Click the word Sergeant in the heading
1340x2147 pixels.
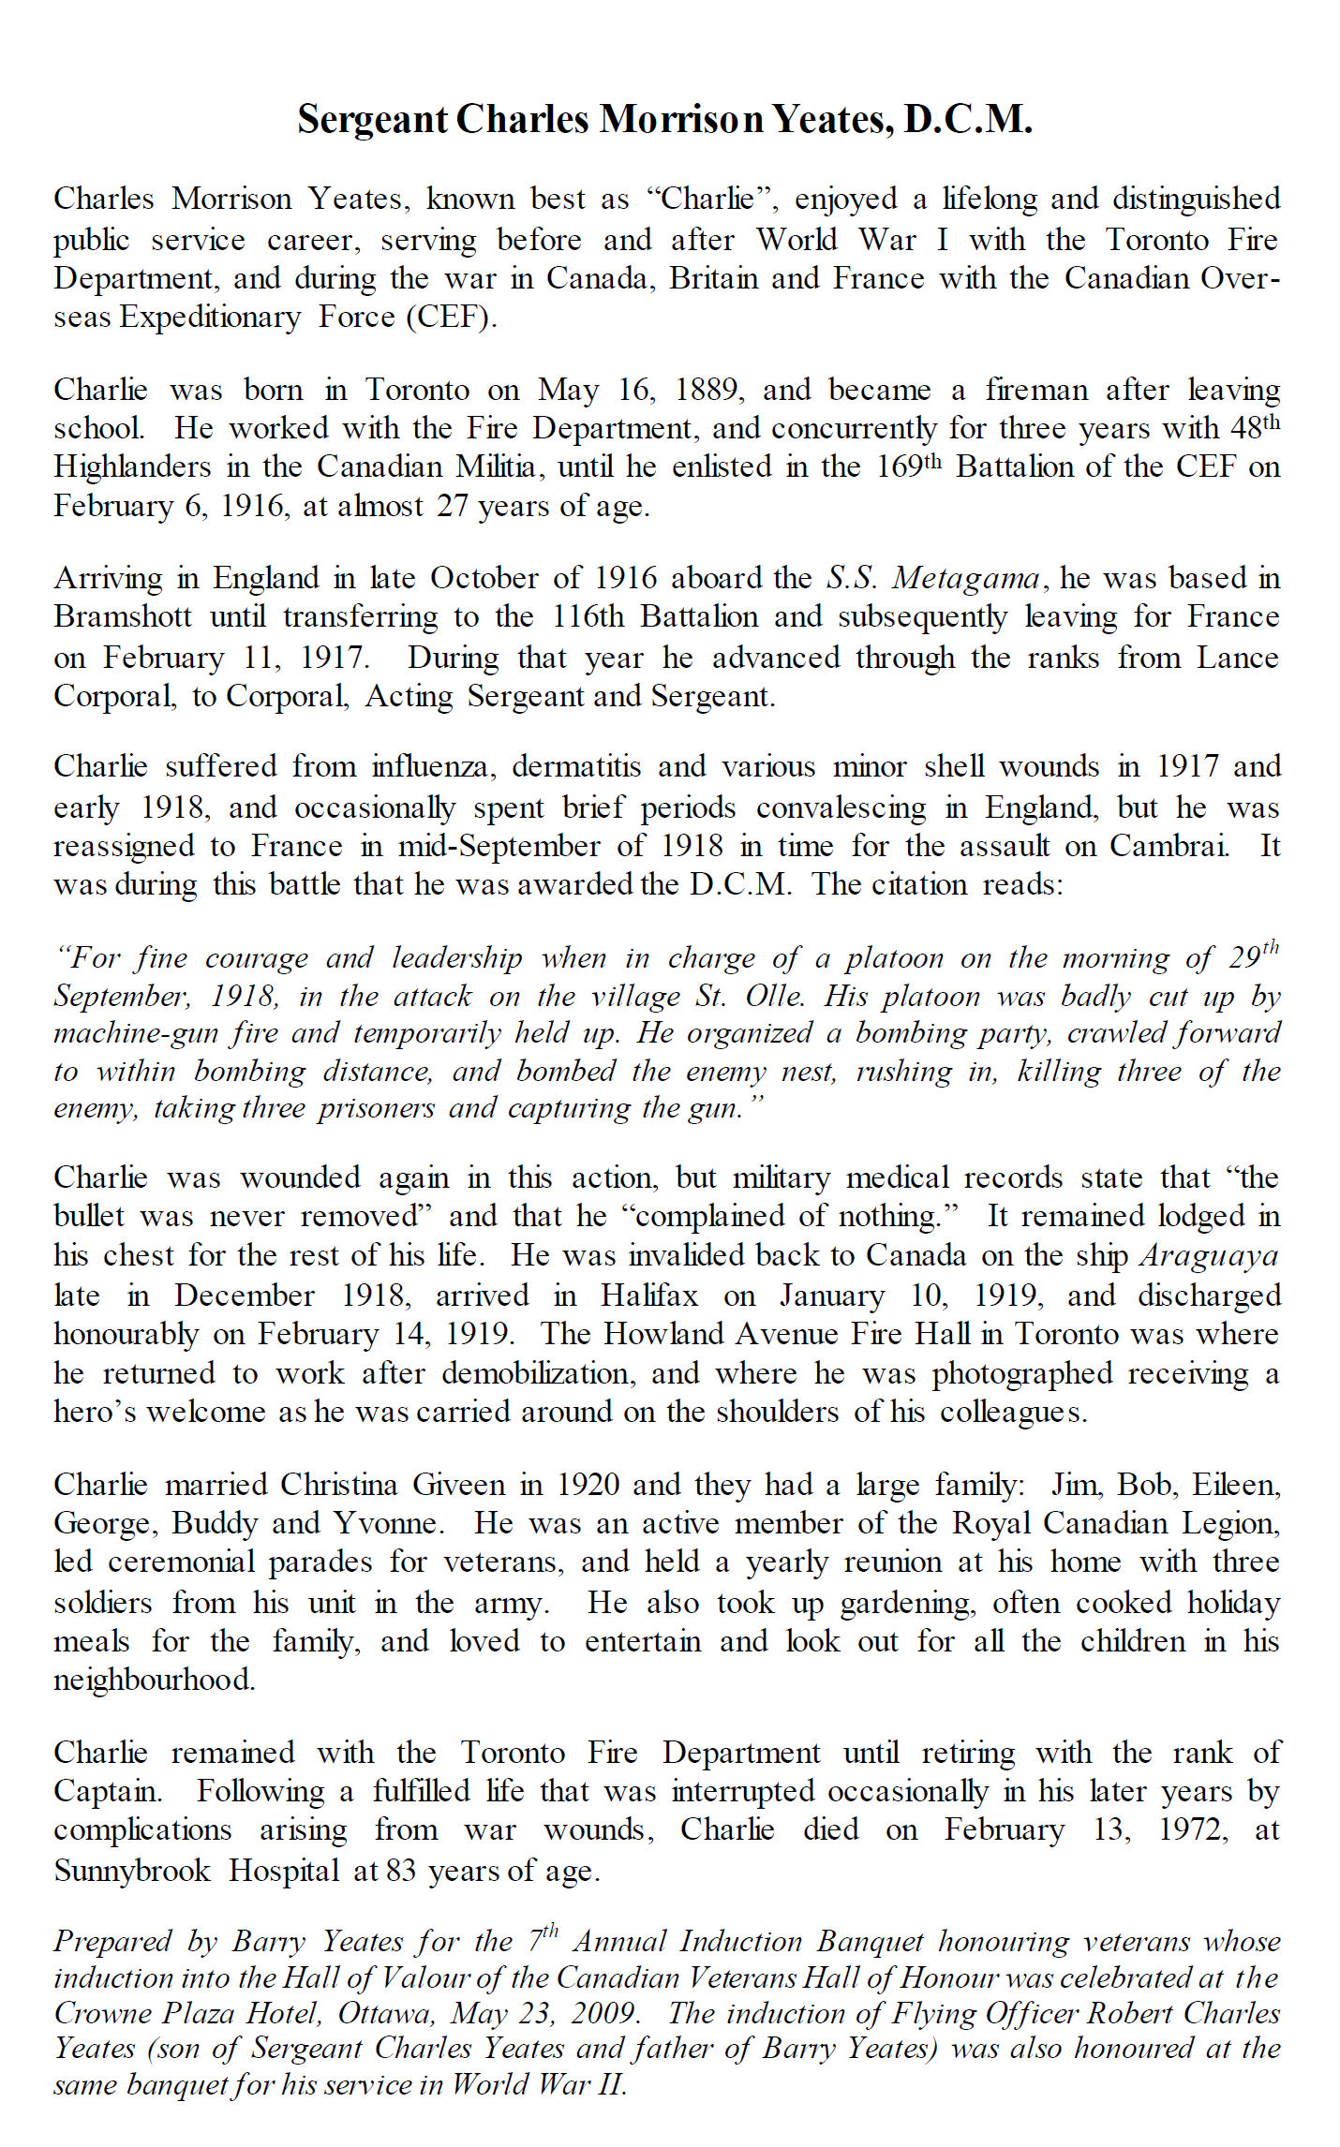point(373,120)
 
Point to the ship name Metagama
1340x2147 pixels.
point(965,578)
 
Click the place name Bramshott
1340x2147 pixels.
point(123,616)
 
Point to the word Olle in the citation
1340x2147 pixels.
point(774,995)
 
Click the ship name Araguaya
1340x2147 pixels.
point(1209,1255)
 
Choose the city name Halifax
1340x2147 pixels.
point(649,1295)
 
